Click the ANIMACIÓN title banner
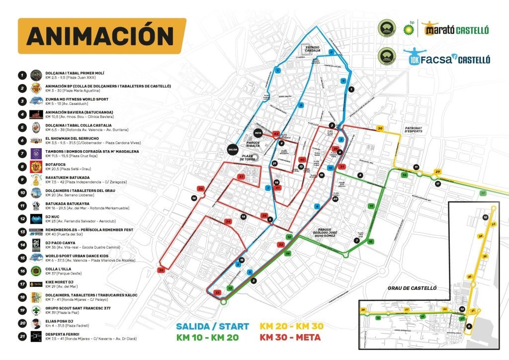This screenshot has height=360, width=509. coord(101,36)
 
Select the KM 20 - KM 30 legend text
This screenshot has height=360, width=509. coord(291,326)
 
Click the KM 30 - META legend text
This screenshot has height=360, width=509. coord(291,338)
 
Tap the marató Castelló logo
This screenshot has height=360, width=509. coord(456,30)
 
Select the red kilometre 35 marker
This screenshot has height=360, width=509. coord(161,270)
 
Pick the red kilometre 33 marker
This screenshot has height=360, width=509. coord(217,293)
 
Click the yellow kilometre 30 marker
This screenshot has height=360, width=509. coord(380,129)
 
